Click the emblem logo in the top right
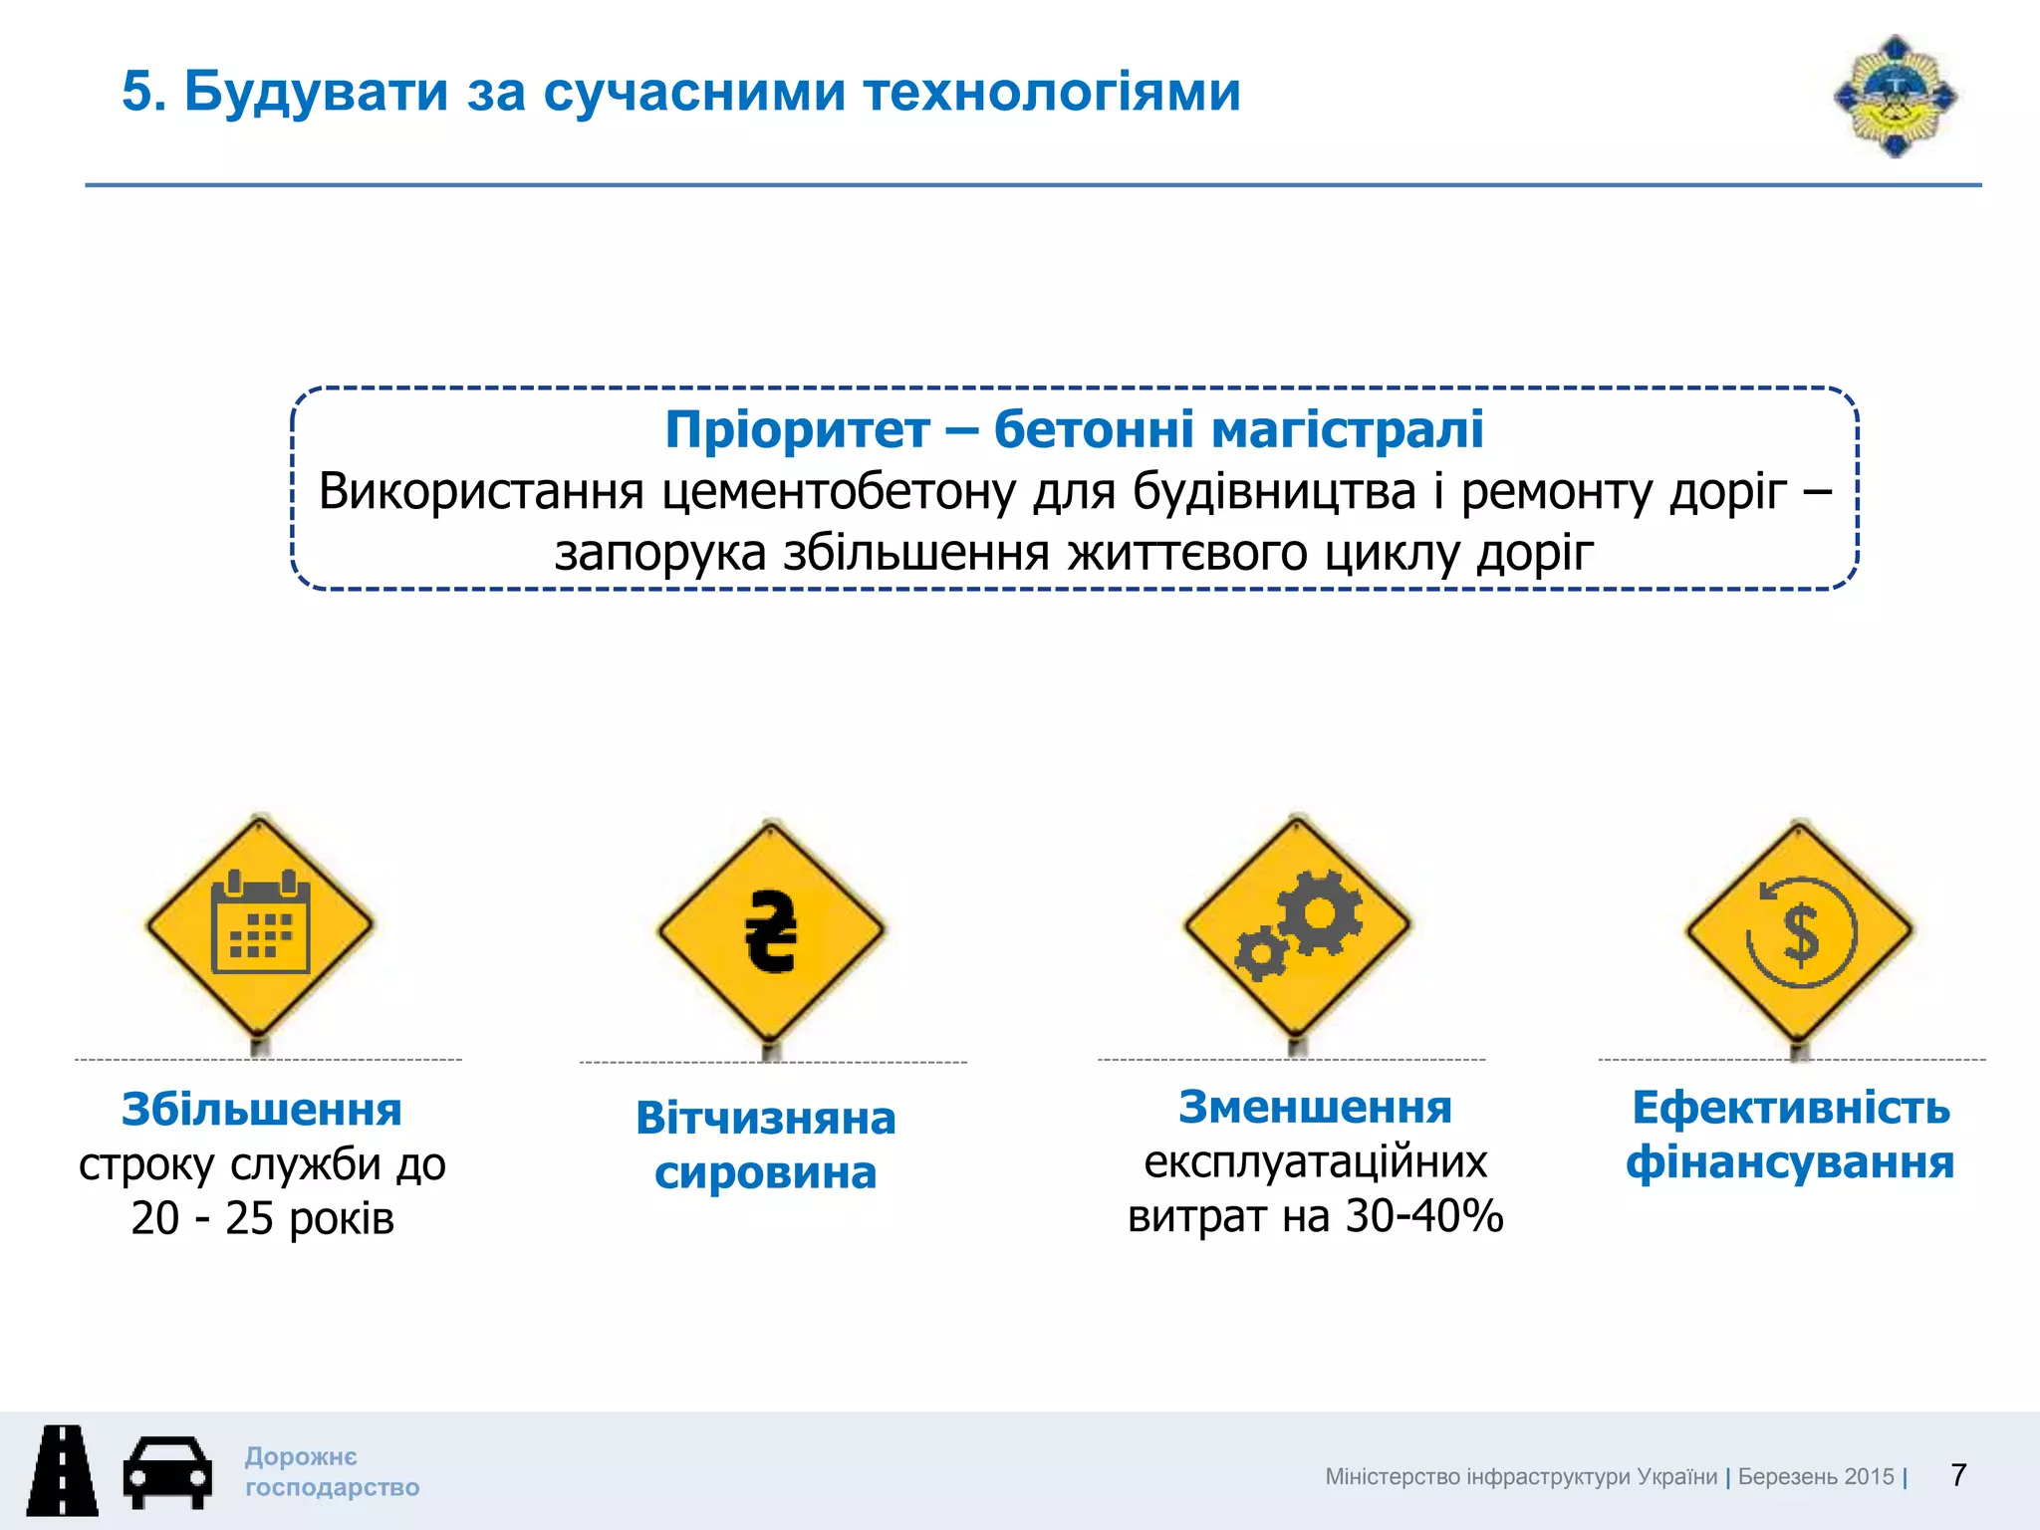(1895, 97)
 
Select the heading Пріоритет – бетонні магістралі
(1074, 429)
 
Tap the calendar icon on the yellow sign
(260, 923)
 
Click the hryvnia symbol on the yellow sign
(771, 931)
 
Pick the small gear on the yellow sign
(1261, 953)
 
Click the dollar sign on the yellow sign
(1801, 934)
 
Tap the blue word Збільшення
(261, 1110)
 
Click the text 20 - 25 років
(263, 1218)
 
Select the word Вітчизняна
(765, 1118)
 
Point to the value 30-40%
(1423, 1216)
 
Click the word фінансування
(1790, 1162)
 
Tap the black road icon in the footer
(62, 1470)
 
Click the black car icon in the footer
(167, 1471)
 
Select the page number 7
(1958, 1475)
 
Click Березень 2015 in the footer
(1815, 1477)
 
